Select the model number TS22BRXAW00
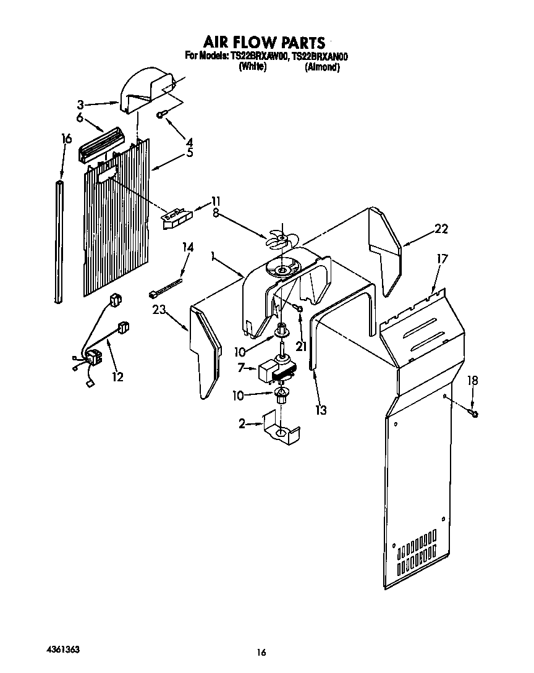(x=260, y=57)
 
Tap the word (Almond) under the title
(x=322, y=67)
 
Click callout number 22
(x=440, y=229)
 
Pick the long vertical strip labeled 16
(x=59, y=242)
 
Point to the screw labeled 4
(x=161, y=114)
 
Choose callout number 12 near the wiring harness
(x=117, y=376)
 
